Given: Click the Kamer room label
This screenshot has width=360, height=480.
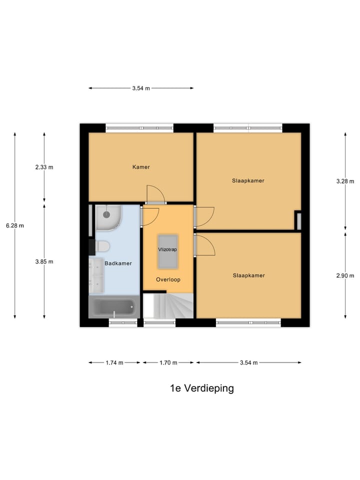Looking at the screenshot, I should pos(141,167).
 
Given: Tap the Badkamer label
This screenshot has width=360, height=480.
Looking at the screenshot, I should pos(118,263).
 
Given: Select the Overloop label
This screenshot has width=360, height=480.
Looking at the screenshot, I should pos(167,279).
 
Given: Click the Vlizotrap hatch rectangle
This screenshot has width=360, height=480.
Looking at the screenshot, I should pos(167,250).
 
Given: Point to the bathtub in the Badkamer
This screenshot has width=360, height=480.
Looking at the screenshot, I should pos(114,306).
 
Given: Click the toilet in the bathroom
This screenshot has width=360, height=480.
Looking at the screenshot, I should pos(103,246).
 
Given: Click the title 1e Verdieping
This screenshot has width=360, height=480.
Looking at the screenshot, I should pos(201,388).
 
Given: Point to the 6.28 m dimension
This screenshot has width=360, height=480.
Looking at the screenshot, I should pos(15,225).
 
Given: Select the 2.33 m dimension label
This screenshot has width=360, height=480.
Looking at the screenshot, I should pos(44,167).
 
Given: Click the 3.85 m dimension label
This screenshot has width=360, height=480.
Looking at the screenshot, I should pos(44,261).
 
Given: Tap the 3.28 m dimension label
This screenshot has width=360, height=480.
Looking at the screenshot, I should pos(345,181).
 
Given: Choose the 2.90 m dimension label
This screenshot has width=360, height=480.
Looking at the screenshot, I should pos(345,275).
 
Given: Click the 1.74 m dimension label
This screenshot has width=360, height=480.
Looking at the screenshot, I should pos(114,363).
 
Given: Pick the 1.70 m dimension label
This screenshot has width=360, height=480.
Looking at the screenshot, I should pos(167,363).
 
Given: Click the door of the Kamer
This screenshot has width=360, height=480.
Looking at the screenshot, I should pos(155,195).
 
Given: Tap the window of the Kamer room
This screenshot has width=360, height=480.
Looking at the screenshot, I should pos(140,128).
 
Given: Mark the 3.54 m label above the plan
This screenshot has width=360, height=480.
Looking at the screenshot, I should pos(141,88).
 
